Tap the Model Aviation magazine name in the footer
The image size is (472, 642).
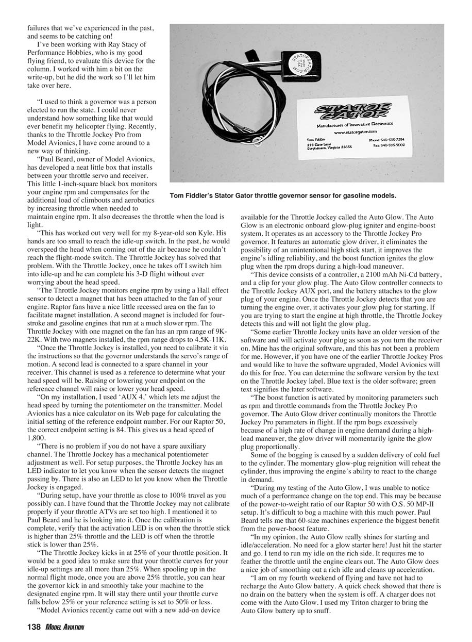click(x=64, y=627)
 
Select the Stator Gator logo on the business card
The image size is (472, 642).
click(x=351, y=112)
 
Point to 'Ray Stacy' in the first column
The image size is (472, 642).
click(x=120, y=44)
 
